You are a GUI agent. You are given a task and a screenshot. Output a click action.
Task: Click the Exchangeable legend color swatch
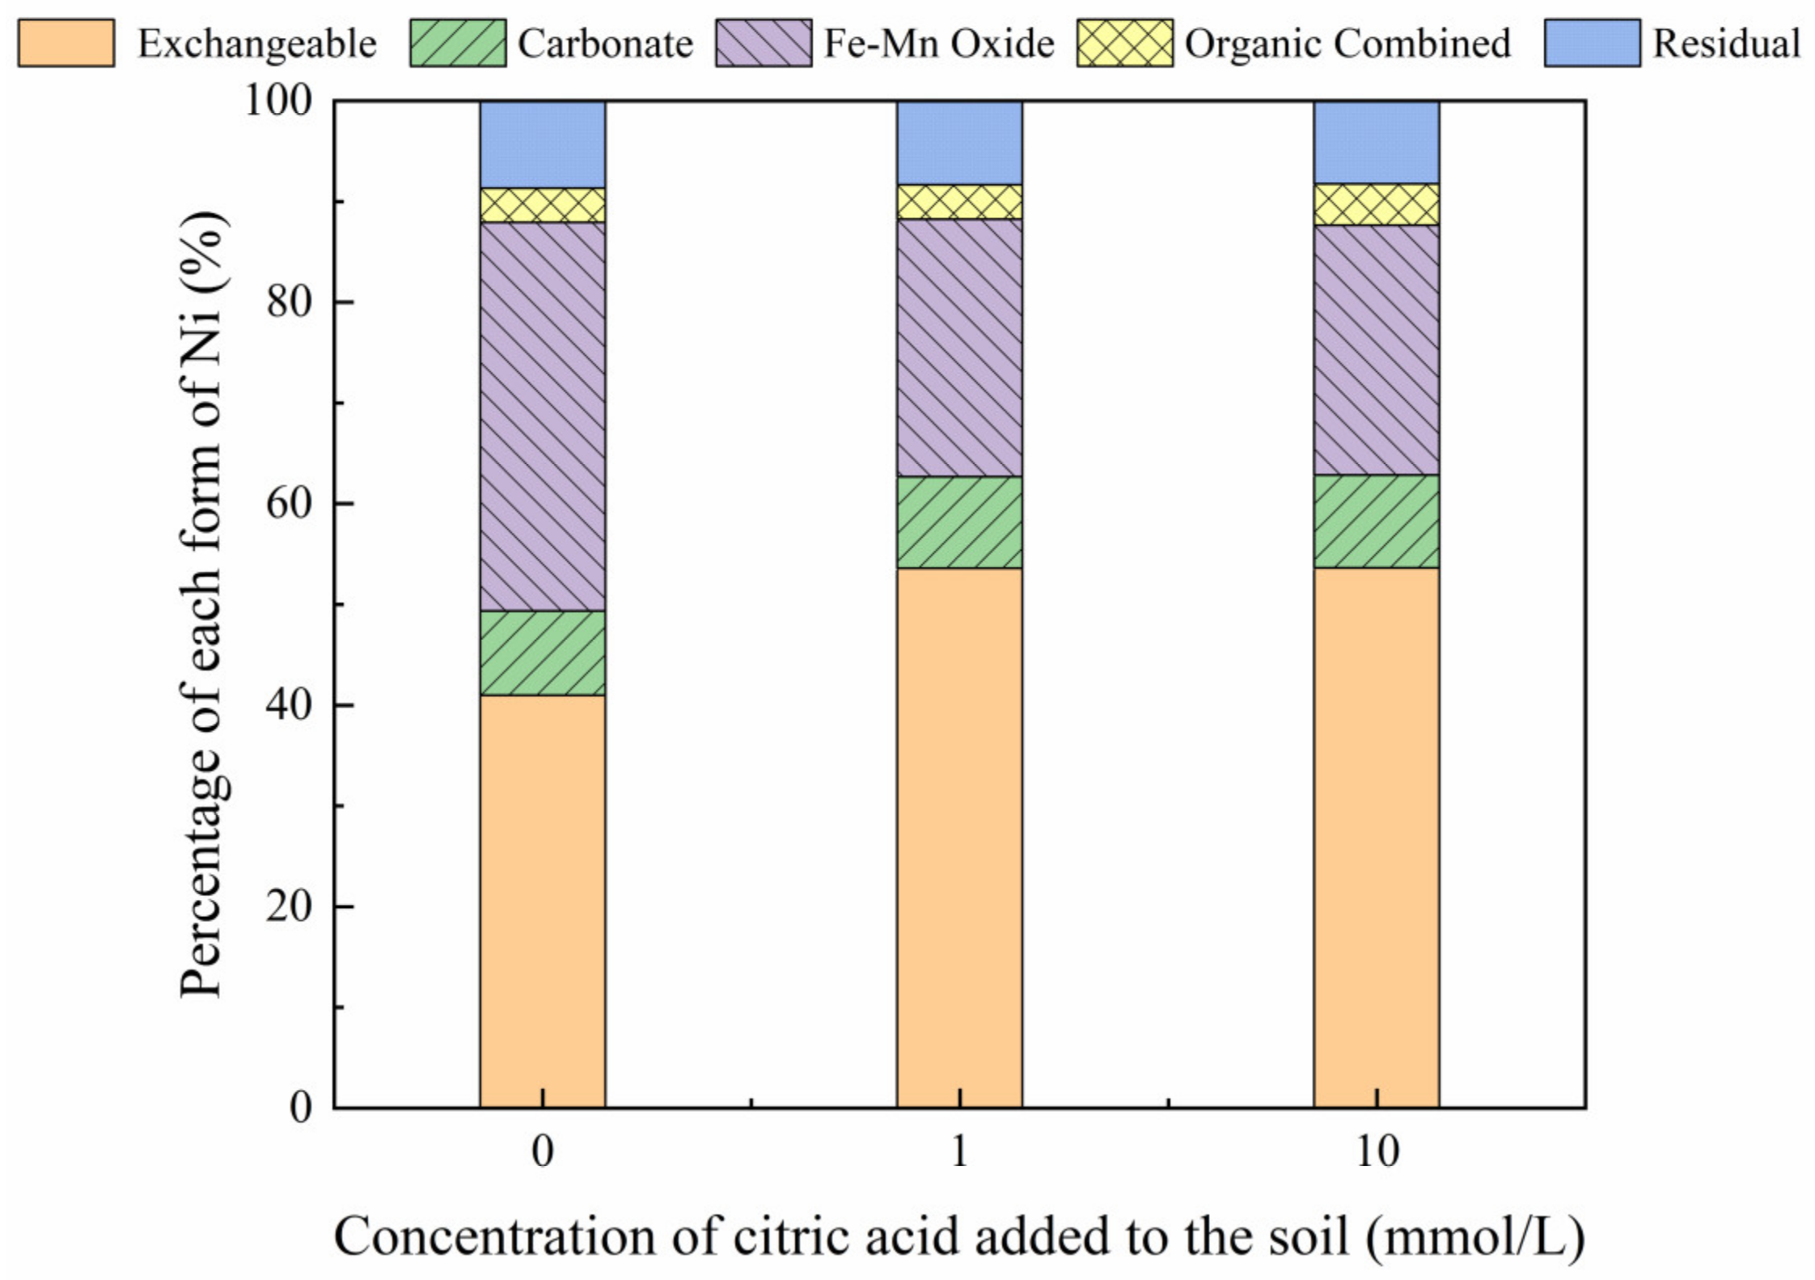coord(66,44)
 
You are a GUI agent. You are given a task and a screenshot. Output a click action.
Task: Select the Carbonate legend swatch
coord(458,44)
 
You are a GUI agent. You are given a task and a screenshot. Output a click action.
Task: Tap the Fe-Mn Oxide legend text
coord(938,44)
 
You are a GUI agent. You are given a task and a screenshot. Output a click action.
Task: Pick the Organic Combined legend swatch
coord(1124,44)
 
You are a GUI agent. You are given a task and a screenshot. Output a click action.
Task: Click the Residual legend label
coord(1726,44)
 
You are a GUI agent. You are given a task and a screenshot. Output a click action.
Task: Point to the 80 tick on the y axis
coord(289,302)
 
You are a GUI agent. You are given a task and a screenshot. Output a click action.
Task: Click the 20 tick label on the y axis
coord(289,906)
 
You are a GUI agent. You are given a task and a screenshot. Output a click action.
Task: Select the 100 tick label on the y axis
coord(278,101)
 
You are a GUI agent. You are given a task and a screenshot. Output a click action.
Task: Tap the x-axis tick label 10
coord(1377,1151)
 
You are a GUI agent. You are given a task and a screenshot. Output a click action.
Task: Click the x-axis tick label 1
coord(959,1151)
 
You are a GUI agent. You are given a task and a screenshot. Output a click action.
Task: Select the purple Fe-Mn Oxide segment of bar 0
coord(542,416)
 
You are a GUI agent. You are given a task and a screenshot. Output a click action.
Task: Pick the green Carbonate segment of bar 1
coord(959,522)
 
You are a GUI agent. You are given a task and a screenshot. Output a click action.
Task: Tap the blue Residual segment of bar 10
coord(1377,142)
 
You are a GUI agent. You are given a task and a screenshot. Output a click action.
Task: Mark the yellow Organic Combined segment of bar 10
coord(1377,205)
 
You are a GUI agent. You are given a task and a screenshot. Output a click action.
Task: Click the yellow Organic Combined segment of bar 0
coord(542,205)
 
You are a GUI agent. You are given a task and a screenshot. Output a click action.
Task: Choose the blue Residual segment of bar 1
coord(959,143)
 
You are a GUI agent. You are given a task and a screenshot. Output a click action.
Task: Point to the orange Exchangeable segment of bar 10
coord(1377,837)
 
